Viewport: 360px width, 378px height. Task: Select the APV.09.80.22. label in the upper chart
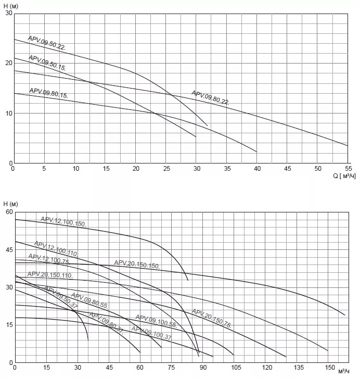coord(210,97)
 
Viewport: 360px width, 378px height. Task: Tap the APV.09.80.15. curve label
coord(48,93)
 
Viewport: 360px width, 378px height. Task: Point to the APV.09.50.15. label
coord(47,62)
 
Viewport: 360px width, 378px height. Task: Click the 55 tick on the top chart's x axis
coord(348,169)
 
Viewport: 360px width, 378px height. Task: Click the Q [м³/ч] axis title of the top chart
coord(344,176)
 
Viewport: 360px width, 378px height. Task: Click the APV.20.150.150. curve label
coord(137,264)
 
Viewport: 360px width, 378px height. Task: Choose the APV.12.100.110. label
coord(56,248)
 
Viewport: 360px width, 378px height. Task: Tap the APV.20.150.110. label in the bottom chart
coord(49,274)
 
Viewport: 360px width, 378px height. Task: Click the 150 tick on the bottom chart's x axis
coord(328,368)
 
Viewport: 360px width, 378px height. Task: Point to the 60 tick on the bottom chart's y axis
coord(8,212)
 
